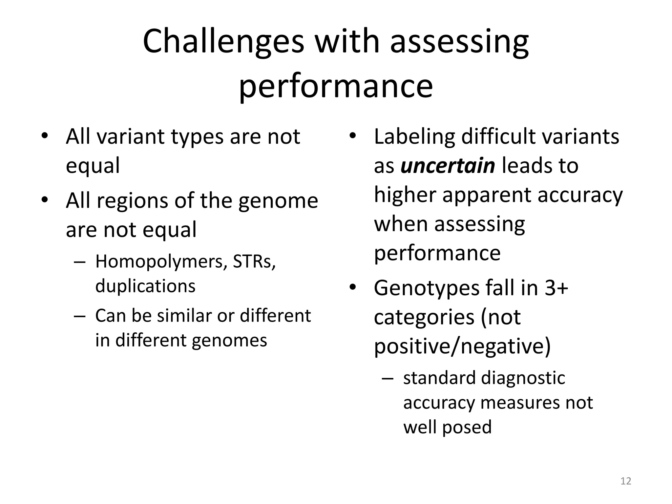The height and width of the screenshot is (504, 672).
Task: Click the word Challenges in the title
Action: (x=223, y=42)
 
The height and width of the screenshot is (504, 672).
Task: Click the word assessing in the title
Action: (x=459, y=42)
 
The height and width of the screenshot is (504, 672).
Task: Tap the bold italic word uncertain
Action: (x=448, y=166)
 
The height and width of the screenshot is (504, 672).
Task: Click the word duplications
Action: (x=145, y=286)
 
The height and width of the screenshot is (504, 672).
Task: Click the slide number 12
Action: (x=626, y=481)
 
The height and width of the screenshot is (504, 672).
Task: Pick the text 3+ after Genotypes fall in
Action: (x=556, y=288)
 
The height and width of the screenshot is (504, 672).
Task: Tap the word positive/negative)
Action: (x=462, y=346)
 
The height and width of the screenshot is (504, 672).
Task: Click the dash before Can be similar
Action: (x=80, y=316)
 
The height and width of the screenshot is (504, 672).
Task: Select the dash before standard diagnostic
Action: (x=388, y=378)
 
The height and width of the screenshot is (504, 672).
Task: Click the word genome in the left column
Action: (x=278, y=201)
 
